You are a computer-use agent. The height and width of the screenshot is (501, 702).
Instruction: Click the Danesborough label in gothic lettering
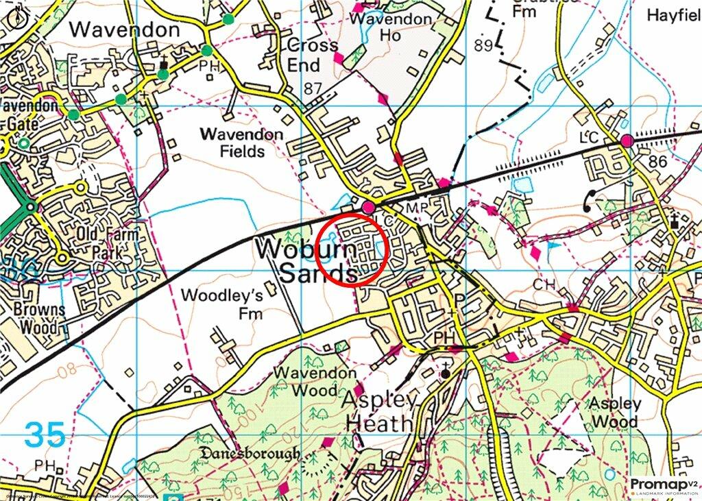[x=250, y=454]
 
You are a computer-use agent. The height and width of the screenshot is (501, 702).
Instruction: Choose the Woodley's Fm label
[x=222, y=304]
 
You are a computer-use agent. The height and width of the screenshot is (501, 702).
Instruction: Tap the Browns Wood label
[x=39, y=318]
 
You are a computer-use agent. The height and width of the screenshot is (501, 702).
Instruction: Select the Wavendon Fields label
[x=242, y=143]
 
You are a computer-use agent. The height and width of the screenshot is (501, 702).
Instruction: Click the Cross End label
[x=313, y=55]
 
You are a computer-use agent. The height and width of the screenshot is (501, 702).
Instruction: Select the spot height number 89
[x=484, y=45]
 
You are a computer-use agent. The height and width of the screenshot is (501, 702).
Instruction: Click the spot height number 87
[x=313, y=88]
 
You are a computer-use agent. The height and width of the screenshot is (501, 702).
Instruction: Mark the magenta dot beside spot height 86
[x=627, y=141]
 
